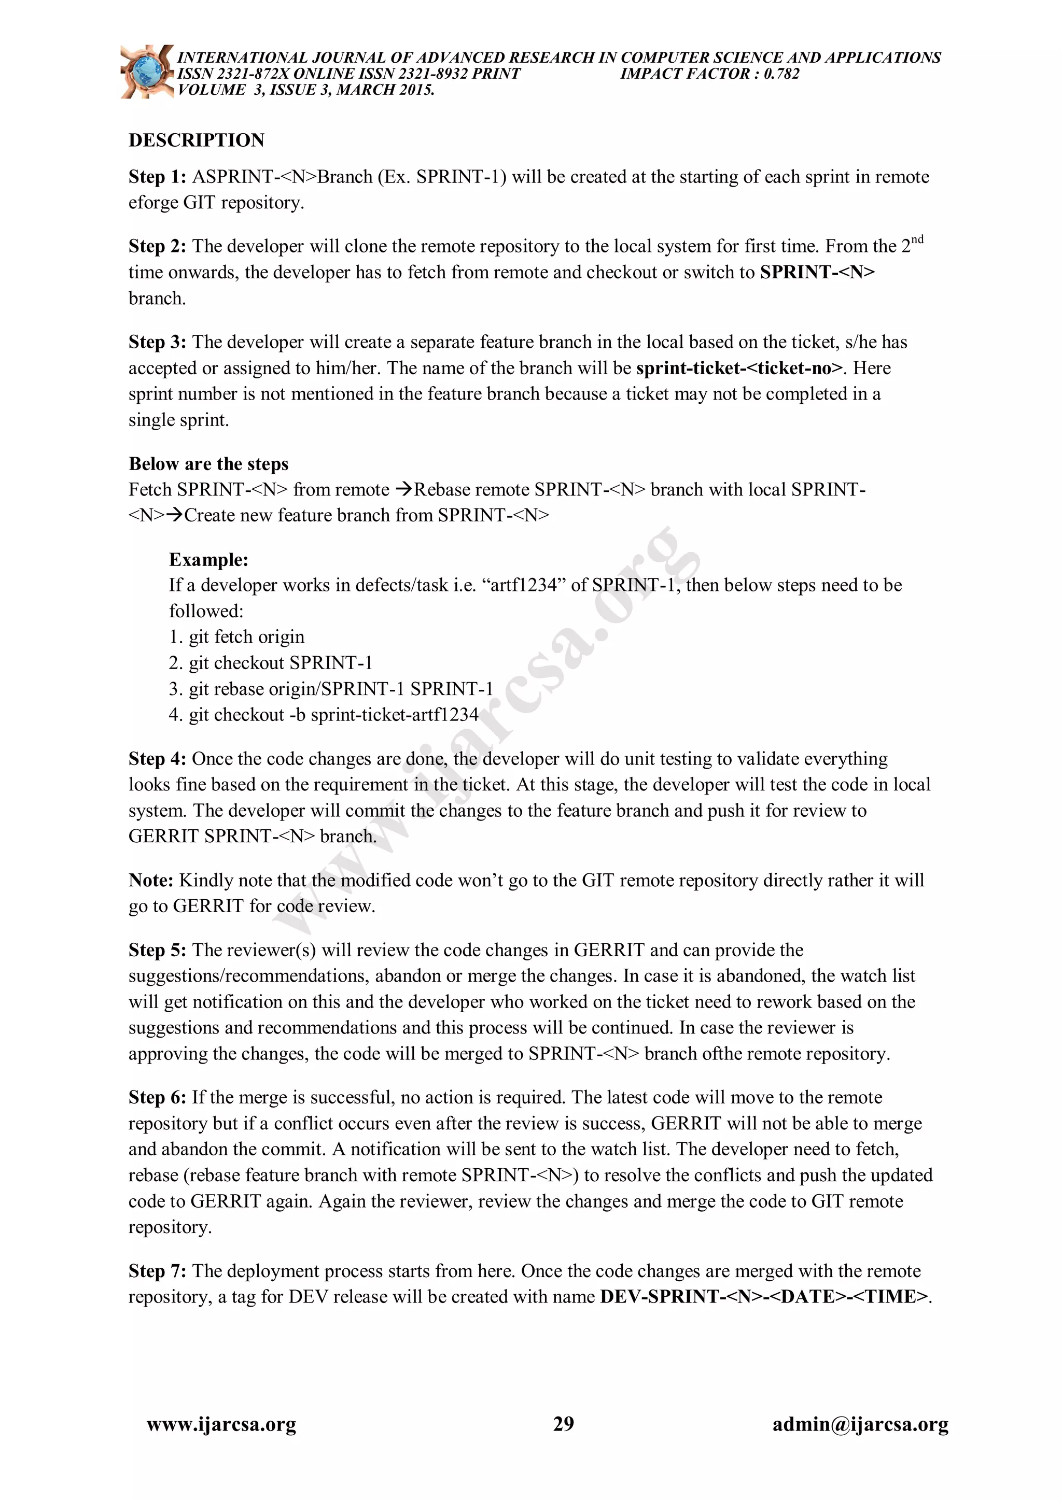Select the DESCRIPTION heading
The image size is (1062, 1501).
click(x=196, y=140)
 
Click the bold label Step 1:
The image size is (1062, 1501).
click(x=158, y=177)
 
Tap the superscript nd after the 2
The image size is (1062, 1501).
click(x=917, y=240)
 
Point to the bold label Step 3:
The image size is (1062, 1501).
click(x=158, y=343)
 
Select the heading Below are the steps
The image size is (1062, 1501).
click(x=208, y=464)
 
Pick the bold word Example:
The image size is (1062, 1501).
click(x=208, y=560)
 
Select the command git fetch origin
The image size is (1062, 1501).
click(x=246, y=637)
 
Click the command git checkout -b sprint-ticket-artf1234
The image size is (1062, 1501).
click(x=333, y=715)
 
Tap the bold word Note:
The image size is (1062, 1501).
click(x=151, y=881)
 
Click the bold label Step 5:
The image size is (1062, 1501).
click(x=158, y=951)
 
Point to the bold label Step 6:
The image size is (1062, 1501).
click(x=158, y=1098)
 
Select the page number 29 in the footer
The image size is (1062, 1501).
click(x=564, y=1424)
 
